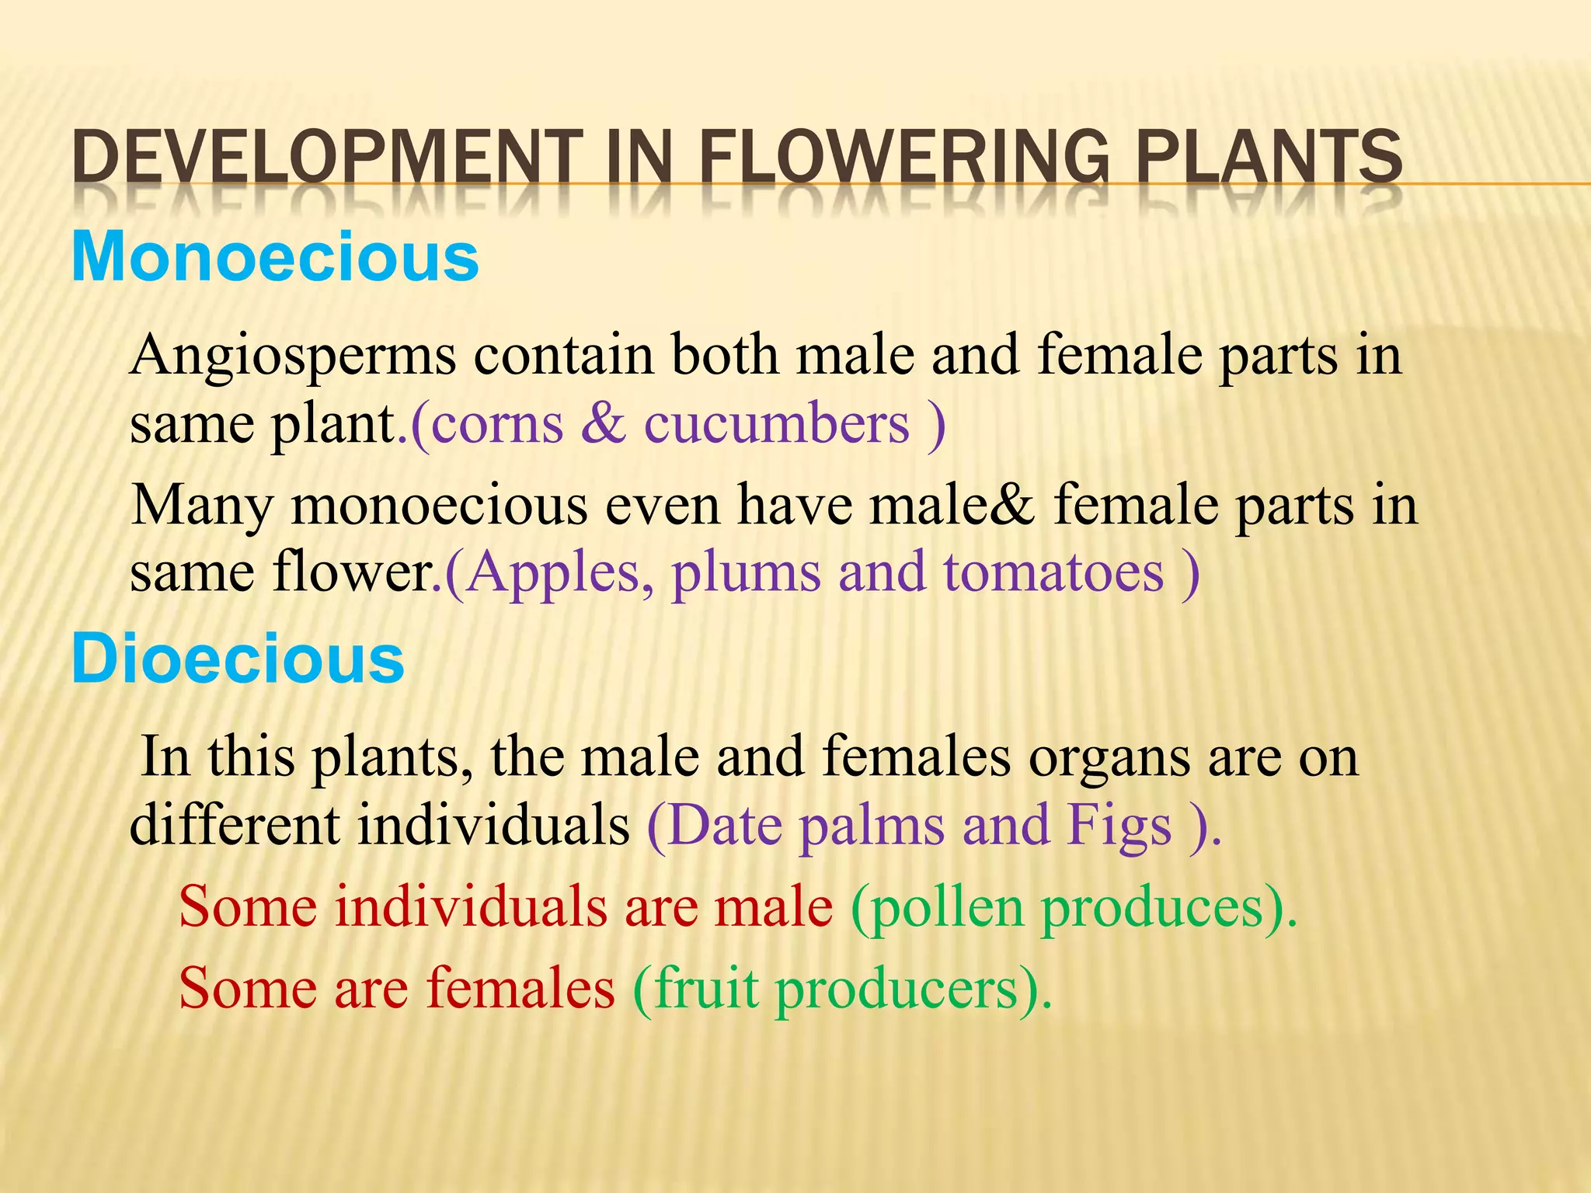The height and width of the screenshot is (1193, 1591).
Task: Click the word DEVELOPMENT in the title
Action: (x=327, y=157)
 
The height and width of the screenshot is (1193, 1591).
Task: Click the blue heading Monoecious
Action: (x=275, y=257)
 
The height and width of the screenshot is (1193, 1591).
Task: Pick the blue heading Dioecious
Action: (x=238, y=659)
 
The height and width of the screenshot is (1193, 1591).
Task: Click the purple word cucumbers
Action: (x=776, y=425)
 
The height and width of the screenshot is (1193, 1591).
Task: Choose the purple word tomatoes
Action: (x=1053, y=573)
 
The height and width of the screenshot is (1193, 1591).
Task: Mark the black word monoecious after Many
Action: (x=439, y=506)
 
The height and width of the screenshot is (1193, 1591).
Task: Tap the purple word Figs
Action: (x=1119, y=826)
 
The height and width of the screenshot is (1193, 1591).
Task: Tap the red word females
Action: (x=520, y=988)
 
